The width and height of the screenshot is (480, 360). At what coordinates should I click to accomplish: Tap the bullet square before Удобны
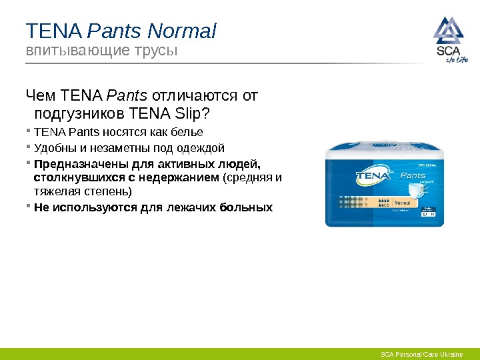pyautogui.click(x=29, y=147)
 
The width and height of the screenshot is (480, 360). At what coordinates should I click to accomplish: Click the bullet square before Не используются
pyautogui.click(x=29, y=207)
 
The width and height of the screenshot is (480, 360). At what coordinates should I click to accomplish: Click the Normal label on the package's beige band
pyautogui.click(x=409, y=202)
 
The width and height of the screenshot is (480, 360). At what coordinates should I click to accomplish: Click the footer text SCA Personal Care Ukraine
pyautogui.click(x=421, y=354)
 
